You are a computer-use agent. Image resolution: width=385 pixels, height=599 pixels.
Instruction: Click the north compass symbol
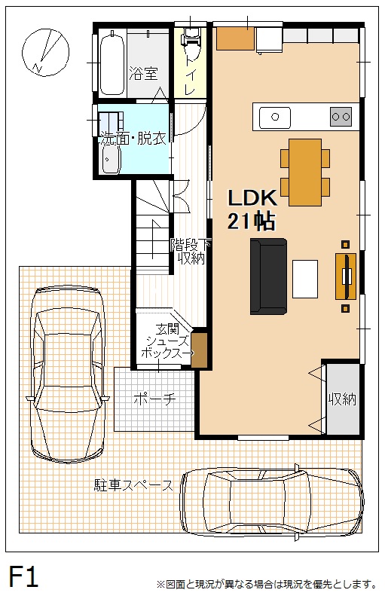(45, 51)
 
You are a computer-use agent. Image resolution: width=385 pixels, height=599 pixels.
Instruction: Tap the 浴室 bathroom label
(143, 73)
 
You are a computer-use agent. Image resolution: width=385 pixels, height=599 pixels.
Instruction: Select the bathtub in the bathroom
(112, 63)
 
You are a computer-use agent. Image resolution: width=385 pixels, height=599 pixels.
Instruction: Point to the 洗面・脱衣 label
(133, 139)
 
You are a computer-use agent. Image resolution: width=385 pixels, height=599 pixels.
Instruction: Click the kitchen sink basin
(275, 118)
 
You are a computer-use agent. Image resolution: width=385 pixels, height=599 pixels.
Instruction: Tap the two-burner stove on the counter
(341, 117)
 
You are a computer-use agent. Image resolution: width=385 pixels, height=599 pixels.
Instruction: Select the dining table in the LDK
(305, 173)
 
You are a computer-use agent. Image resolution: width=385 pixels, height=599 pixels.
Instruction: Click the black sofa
(268, 277)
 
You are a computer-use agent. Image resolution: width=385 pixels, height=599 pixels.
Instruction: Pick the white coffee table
(305, 279)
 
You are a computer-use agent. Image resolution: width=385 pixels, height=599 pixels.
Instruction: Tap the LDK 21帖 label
(252, 209)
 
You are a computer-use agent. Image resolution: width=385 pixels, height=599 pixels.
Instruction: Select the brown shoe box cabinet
(199, 350)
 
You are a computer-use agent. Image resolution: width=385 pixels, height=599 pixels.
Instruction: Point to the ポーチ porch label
(154, 399)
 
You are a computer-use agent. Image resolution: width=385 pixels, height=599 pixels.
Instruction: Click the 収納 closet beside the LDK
(343, 399)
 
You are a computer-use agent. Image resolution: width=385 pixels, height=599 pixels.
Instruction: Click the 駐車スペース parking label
(133, 485)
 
